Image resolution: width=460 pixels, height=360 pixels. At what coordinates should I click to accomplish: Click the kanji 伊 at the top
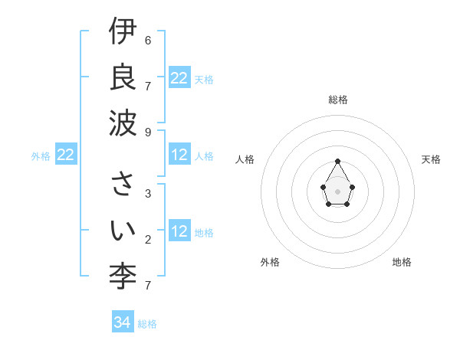(123, 33)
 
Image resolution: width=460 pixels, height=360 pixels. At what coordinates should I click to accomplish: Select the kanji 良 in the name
(123, 77)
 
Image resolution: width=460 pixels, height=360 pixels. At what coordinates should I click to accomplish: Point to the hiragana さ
(123, 185)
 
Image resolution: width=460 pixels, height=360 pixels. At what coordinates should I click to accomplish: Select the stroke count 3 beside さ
(148, 194)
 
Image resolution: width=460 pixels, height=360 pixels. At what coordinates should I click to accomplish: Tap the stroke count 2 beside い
(148, 239)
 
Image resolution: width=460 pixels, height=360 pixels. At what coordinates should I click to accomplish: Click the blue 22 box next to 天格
(179, 78)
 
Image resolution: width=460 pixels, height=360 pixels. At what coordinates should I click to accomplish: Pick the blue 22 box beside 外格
(65, 155)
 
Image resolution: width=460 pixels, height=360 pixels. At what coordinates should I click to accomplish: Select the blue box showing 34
(123, 322)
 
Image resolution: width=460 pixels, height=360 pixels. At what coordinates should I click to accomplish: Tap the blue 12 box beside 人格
(179, 155)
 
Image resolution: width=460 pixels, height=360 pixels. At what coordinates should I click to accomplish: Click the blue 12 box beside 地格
(179, 232)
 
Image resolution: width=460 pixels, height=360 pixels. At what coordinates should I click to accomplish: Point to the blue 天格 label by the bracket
(204, 79)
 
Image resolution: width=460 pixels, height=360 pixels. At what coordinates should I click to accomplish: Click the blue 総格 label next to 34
(147, 323)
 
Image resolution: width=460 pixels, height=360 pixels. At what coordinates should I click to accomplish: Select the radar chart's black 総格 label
(337, 100)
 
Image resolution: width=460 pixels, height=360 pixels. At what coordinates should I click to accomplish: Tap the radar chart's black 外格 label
(270, 262)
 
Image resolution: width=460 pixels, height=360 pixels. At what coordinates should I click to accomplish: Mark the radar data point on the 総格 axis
(337, 161)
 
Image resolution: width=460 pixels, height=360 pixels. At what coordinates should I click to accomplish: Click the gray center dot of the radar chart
(337, 191)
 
